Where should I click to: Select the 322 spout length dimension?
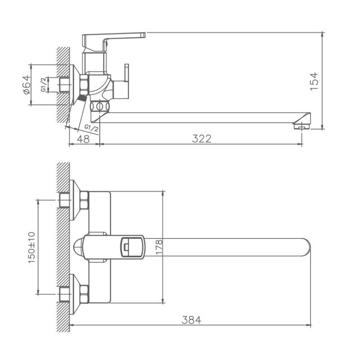pos(201,139)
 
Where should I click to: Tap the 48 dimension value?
pos(83,139)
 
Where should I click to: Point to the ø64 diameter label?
pos(26,85)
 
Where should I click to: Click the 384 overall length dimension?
pos(191,320)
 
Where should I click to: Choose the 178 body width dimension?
pos(158,247)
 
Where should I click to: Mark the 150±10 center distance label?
pos(31,247)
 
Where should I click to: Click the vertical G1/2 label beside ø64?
pos(43,85)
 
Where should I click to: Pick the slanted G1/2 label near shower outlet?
pos(91,128)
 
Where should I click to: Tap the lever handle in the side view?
pos(115,39)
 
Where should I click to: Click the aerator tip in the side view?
pos(300,126)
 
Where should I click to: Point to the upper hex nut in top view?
pos(84,200)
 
